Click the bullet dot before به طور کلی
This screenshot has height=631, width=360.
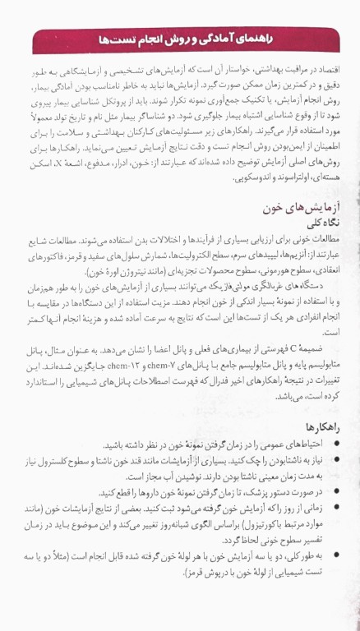click(x=342, y=554)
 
